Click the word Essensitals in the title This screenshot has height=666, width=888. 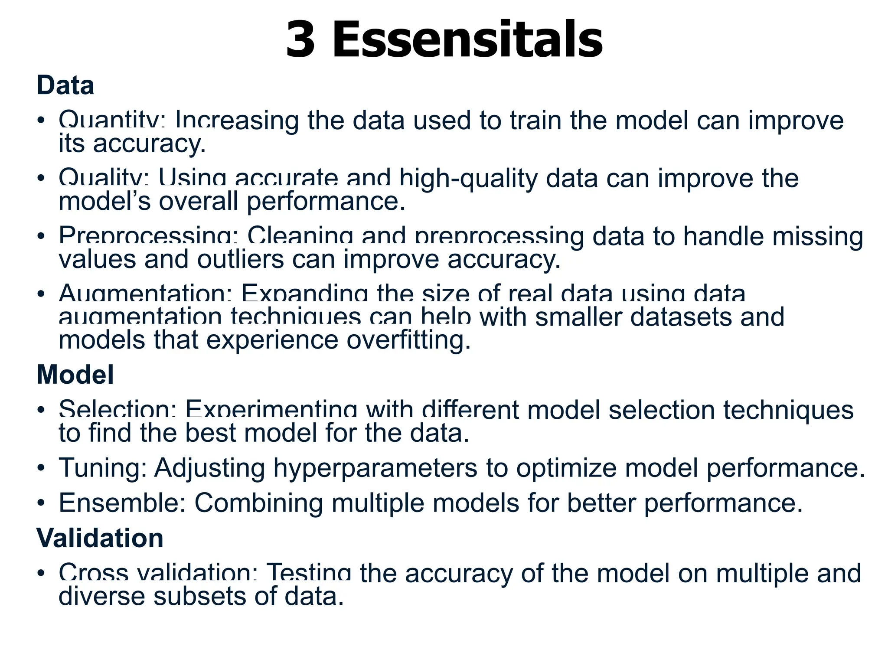pyautogui.click(x=467, y=40)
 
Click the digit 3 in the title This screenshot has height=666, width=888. pyautogui.click(x=300, y=40)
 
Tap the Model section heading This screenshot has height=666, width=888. pyautogui.click(x=75, y=374)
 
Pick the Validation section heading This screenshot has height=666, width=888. pyautogui.click(x=100, y=538)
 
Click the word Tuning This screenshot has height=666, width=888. pyautogui.click(x=102, y=468)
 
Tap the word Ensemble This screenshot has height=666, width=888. pyautogui.click(x=122, y=503)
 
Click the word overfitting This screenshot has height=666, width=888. pyautogui.click(x=408, y=340)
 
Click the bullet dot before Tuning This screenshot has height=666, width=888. pyautogui.click(x=41, y=468)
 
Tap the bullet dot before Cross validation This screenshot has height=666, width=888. pyautogui.click(x=41, y=573)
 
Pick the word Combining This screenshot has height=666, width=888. pyautogui.click(x=258, y=504)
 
